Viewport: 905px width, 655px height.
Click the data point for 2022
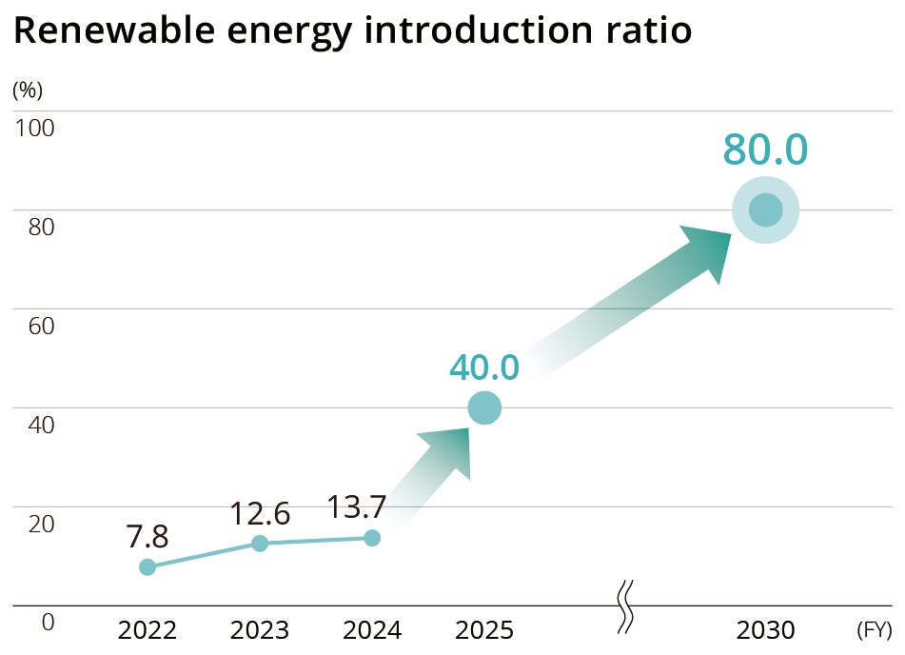click(148, 567)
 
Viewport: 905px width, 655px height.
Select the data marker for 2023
click(260, 544)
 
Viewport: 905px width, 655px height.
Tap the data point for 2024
click(372, 538)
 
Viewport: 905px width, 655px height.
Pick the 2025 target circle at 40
click(484, 408)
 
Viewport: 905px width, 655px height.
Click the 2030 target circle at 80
click(766, 210)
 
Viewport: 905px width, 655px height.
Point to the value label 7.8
click(148, 537)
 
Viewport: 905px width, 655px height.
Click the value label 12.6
click(260, 513)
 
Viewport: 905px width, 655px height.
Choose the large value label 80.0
click(765, 150)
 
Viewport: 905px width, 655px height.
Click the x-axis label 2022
click(148, 630)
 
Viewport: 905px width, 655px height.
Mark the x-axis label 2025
click(484, 630)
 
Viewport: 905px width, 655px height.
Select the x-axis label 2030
click(766, 630)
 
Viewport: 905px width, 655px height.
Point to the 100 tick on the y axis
click(34, 127)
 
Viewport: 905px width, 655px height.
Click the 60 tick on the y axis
click(34, 325)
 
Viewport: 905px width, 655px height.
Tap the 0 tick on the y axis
click(48, 622)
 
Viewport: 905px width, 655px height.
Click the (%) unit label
click(28, 90)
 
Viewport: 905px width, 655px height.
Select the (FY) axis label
click(874, 630)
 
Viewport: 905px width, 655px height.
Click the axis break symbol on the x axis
click(625, 606)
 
